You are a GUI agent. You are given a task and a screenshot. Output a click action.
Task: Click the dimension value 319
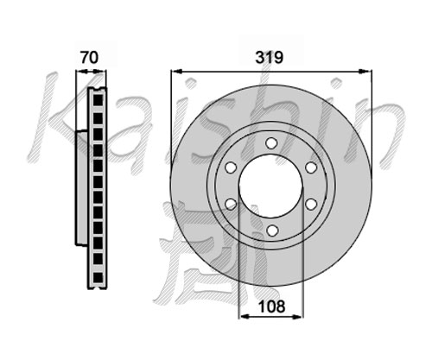point(270,58)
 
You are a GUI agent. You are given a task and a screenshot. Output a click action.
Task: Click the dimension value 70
point(89,57)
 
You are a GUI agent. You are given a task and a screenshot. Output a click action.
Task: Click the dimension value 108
point(272,306)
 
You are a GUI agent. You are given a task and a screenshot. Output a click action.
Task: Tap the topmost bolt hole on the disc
point(271,142)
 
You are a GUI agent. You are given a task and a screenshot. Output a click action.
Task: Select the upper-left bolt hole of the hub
point(231,167)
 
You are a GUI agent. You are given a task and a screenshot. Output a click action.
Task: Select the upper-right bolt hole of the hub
point(311,167)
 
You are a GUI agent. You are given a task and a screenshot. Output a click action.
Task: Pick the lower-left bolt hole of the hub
point(231,204)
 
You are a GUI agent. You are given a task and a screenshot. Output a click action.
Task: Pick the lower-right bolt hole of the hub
point(311,204)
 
